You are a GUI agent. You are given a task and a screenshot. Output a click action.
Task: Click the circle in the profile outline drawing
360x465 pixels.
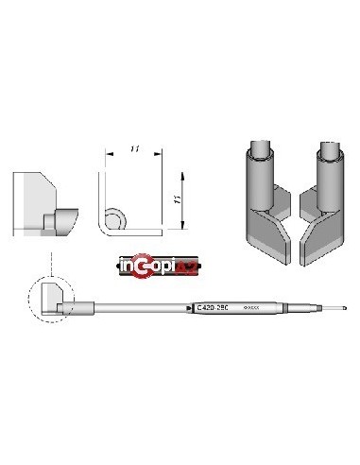tap(115, 220)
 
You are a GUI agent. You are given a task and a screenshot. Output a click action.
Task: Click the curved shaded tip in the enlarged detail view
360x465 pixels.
tap(62, 223)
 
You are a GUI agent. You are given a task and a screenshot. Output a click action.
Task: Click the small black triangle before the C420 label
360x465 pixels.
tap(187, 308)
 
